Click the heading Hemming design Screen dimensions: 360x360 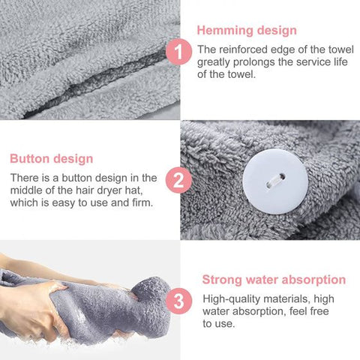point(247,31)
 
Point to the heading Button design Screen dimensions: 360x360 point(52,158)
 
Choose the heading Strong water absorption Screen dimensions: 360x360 point(274,280)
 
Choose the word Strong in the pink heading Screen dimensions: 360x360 point(222,280)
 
